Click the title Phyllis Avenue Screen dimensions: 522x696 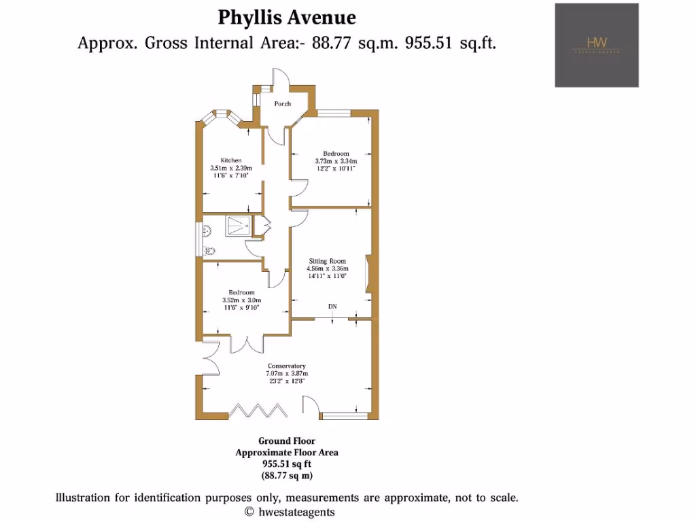pyautogui.click(x=286, y=16)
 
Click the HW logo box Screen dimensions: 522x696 pyautogui.click(x=597, y=46)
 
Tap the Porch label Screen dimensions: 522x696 pyautogui.click(x=283, y=104)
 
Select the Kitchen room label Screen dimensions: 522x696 pyautogui.click(x=230, y=160)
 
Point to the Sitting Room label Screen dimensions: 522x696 pyautogui.click(x=328, y=261)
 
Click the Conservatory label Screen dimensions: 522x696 pyautogui.click(x=286, y=366)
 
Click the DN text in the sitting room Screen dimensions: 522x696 pyautogui.click(x=332, y=307)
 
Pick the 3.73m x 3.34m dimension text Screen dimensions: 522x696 pyautogui.click(x=336, y=161)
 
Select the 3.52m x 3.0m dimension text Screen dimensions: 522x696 pyautogui.click(x=242, y=300)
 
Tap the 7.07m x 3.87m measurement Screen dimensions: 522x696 pyautogui.click(x=286, y=373)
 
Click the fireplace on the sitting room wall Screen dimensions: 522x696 pyautogui.click(x=368, y=274)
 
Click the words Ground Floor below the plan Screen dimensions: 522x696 pyautogui.click(x=286, y=441)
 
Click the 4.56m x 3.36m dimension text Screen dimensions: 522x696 pyautogui.click(x=328, y=268)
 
